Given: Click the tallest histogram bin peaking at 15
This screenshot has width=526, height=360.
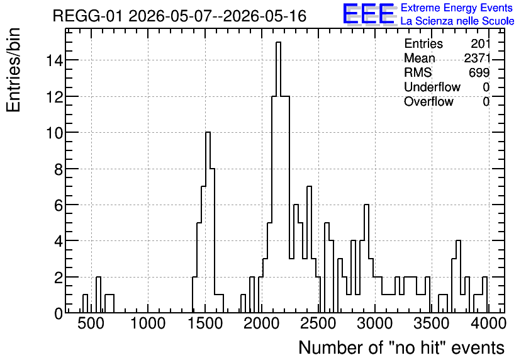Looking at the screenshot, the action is tap(278, 178).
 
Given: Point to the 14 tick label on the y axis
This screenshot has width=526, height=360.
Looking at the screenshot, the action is tap(54, 60).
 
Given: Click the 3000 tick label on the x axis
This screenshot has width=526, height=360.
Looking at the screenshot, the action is tap(375, 323).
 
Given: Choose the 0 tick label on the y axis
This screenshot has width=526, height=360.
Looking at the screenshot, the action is tap(59, 313).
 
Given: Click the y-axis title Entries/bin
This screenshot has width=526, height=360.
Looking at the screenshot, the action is tap(14, 70).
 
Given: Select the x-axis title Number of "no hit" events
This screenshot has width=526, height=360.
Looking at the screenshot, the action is tap(401, 347).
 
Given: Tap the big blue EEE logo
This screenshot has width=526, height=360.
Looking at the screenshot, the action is tap(369, 14).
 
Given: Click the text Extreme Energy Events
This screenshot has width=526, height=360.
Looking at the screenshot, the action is tap(457, 8).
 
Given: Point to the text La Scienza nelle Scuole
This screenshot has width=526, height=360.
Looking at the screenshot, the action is tap(457, 21).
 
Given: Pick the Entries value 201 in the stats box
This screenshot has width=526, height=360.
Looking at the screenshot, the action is tap(480, 43).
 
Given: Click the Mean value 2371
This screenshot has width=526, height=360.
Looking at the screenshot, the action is tap(477, 58).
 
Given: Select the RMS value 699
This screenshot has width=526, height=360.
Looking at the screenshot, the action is tap(479, 72).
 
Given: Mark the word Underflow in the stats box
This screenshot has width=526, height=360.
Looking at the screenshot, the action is tap(432, 87).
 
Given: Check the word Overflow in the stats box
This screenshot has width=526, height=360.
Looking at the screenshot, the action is tap(428, 101).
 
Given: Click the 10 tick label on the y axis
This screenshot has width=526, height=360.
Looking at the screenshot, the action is tap(54, 133).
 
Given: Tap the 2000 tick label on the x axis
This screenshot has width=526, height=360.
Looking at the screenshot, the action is tap(261, 323).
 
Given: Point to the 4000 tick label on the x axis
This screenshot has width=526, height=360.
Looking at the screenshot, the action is tap(488, 323).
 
